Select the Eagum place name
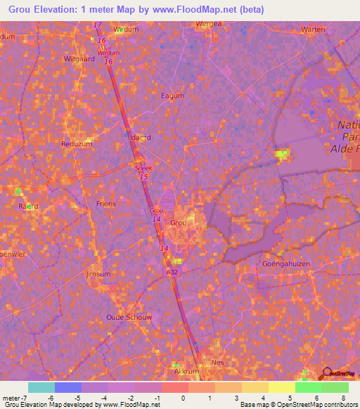coord(172,96)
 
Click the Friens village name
coord(105,203)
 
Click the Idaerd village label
coord(139,138)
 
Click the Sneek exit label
coord(142,169)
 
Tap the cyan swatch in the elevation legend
coord(41,387)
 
